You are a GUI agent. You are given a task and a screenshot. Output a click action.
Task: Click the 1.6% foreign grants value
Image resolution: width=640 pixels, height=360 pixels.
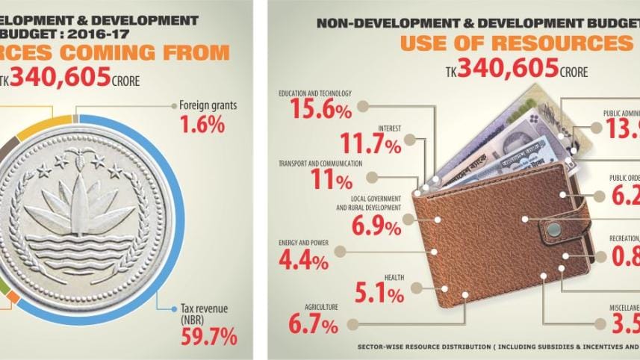coord(202,124)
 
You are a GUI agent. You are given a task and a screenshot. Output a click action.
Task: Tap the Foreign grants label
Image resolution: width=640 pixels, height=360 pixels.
coord(208,105)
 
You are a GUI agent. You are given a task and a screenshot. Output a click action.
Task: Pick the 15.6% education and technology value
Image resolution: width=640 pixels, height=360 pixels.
coord(314,112)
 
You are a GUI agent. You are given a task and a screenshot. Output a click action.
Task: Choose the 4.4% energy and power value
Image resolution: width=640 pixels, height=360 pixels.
coord(302,261)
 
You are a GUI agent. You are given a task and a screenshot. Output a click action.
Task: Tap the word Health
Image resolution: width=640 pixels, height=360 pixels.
coord(394,278)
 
